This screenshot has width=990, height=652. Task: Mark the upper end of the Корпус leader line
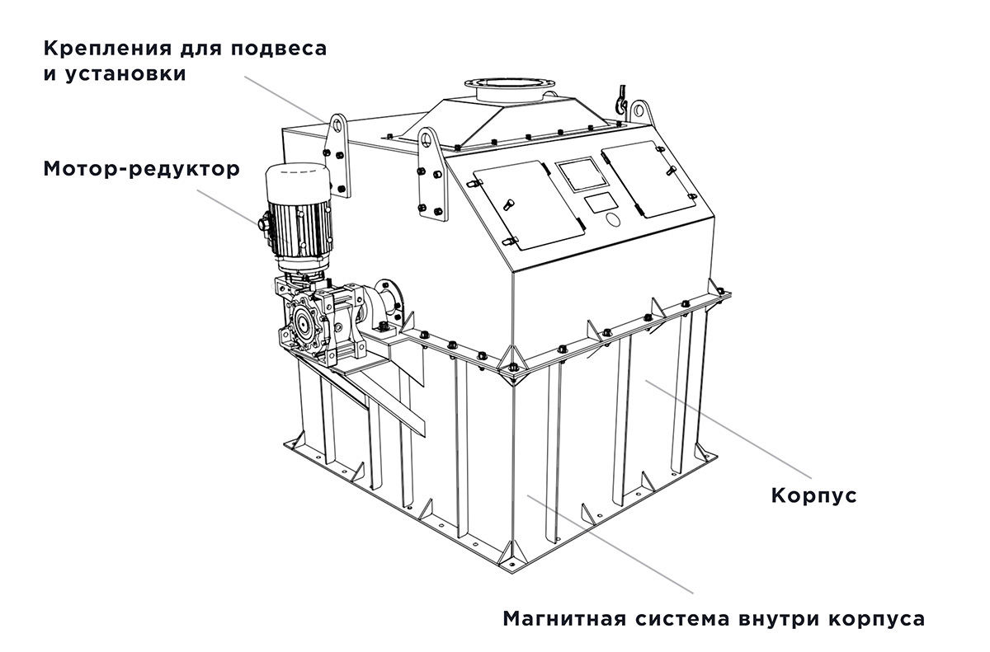tap(646, 380)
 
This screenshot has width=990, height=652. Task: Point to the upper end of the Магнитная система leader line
tap(528, 495)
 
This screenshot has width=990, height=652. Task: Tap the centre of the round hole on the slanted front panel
tap(612, 219)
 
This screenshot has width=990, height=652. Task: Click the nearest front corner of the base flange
tap(512, 573)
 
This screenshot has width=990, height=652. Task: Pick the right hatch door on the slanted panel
tap(648, 178)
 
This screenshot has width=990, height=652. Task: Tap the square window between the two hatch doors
tap(580, 175)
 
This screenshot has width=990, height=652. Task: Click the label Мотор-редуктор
tap(141, 169)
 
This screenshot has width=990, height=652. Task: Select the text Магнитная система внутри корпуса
tap(714, 619)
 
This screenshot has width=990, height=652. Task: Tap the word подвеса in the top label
tap(279, 48)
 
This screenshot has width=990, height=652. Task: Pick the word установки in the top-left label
tap(126, 73)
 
